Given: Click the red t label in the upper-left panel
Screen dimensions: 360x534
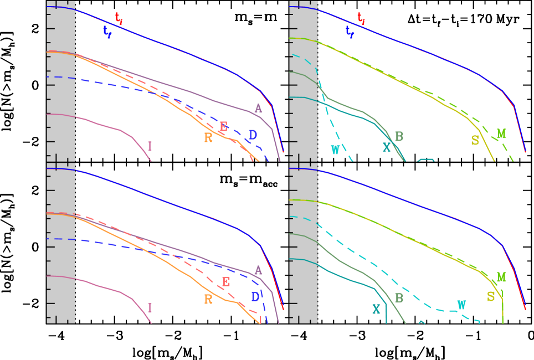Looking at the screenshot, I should click(119, 18).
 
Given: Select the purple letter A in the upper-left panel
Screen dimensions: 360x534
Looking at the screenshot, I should click(258, 109).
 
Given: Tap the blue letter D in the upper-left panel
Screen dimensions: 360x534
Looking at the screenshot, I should click(253, 135).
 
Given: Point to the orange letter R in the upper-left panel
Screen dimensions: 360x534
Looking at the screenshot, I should click(208, 138).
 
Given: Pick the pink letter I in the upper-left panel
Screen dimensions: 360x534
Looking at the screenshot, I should click(150, 146).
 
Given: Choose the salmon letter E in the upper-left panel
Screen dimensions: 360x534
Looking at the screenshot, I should click(223, 127).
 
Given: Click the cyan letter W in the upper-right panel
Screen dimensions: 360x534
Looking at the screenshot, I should click(335, 150).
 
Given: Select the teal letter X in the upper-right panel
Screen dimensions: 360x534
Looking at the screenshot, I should click(387, 147).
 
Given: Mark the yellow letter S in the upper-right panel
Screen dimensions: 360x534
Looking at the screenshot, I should click(475, 141).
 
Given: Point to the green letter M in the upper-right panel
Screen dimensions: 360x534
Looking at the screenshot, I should click(501, 134).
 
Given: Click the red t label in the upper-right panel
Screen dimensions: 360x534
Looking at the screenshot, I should click(361, 18).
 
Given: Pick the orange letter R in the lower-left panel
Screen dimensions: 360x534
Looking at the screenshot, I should click(208, 300).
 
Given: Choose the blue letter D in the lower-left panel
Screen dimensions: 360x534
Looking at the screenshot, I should click(255, 297).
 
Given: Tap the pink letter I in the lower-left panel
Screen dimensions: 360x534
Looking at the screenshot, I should click(150, 308).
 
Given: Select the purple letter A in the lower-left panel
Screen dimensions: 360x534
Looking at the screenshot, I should click(258, 270).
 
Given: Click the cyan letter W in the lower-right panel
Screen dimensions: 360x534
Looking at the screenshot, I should click(461, 305).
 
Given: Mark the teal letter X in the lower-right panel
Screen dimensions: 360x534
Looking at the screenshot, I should click(376, 310).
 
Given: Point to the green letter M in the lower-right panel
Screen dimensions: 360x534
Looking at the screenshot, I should click(501, 277).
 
